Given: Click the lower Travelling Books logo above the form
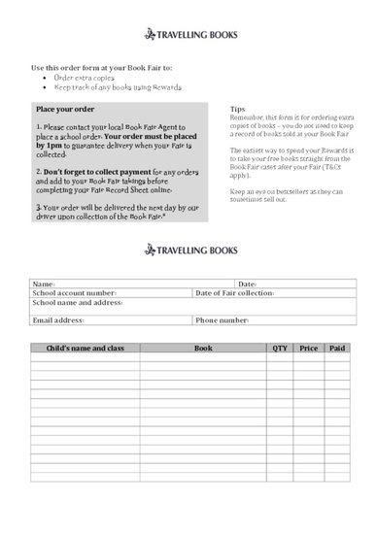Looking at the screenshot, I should tap(189, 250).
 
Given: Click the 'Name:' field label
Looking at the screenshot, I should tap(43, 284).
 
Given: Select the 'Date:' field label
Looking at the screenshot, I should tap(247, 284).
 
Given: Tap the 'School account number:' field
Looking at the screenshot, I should tap(74, 292).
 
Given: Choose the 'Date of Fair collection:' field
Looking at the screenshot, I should tap(235, 292).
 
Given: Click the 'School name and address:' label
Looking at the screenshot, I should tap(77, 302).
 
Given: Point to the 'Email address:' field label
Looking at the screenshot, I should tap(58, 319).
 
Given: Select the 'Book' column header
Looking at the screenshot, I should tap(203, 347).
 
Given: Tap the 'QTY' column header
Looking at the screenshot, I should tap(280, 347).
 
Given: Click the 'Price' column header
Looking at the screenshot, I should tap(309, 347).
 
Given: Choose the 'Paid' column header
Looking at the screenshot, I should tap(336, 347).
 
